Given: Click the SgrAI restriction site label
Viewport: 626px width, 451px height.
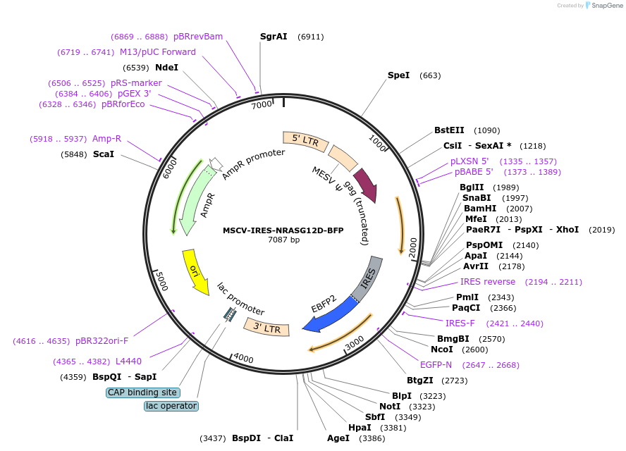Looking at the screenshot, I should [274, 36].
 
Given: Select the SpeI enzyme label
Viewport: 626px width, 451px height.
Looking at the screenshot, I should [398, 75].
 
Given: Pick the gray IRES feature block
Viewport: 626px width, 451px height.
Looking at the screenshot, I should [369, 279].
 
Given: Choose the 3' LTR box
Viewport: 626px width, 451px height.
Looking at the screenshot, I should [266, 327].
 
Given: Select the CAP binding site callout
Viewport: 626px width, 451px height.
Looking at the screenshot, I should [142, 393].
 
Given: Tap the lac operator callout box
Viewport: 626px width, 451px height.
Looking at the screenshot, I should [171, 406].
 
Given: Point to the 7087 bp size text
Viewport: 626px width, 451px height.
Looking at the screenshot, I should [283, 240].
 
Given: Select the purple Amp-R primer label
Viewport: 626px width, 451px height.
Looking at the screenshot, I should [107, 139].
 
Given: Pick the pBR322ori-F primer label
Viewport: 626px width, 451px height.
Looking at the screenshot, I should [102, 341].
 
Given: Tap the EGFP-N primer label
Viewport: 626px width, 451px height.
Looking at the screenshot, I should [436, 365].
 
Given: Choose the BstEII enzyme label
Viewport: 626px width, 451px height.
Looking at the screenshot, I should [449, 130].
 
